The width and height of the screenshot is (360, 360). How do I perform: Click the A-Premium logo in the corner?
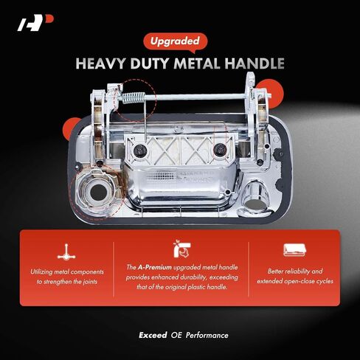tap(35, 23)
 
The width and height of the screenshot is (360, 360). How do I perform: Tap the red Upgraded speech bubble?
tap(175, 42)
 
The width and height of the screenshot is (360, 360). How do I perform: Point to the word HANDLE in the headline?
tap(255, 63)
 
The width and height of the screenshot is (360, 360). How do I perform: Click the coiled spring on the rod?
tap(133, 97)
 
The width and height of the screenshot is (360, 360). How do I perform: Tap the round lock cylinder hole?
tap(98, 192)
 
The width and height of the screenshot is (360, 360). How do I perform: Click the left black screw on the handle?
tap(140, 150)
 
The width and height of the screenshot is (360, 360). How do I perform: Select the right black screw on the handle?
tap(219, 149)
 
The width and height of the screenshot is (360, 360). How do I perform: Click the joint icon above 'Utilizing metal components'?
tap(66, 252)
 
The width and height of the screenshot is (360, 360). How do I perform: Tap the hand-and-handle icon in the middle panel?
tap(181, 249)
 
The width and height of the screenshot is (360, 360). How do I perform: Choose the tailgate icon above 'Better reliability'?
tap(294, 250)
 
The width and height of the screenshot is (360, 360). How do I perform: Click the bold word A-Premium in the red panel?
tap(154, 267)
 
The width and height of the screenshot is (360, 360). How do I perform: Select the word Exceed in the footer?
tap(153, 335)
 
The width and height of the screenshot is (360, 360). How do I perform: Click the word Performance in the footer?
tap(207, 335)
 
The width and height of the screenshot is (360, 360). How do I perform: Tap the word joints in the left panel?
tap(90, 282)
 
